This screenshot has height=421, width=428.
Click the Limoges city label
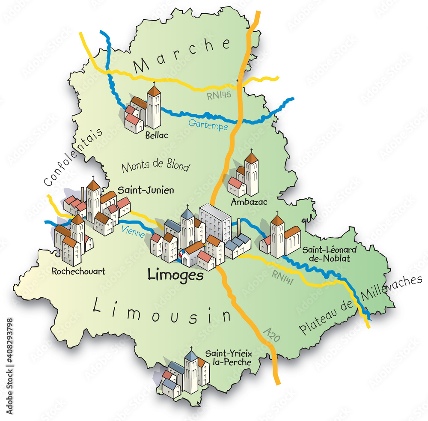(x=175, y=275)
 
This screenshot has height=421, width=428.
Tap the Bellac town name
(x=156, y=136)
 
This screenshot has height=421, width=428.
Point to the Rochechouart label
(x=78, y=271)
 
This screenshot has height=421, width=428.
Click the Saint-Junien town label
(x=146, y=190)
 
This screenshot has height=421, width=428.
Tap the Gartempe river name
(x=208, y=125)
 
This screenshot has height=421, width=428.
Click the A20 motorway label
(x=272, y=334)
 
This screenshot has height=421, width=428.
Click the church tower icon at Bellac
(x=154, y=107)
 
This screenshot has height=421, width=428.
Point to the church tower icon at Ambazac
(x=252, y=173)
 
